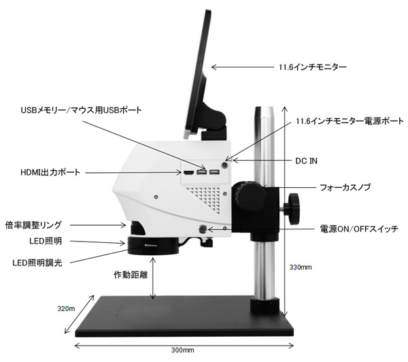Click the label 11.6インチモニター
click(313, 67)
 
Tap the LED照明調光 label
click(38, 262)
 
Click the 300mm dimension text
click(183, 350)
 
